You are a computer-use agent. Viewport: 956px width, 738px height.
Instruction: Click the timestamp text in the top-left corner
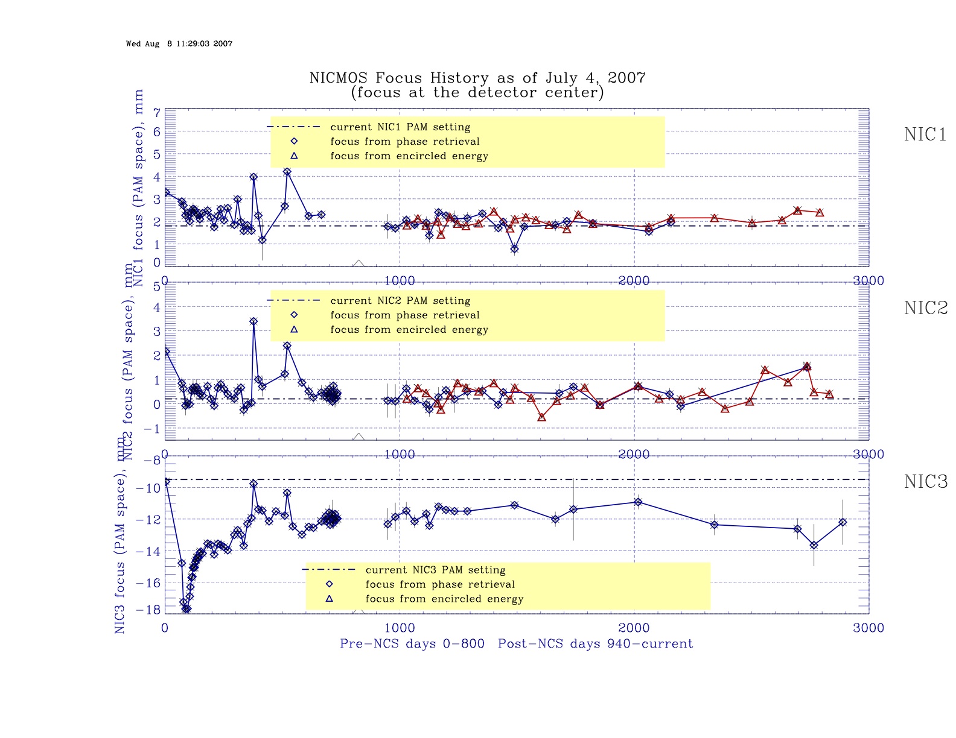[179, 44]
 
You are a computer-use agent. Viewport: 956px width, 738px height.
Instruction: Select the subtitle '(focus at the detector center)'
[477, 93]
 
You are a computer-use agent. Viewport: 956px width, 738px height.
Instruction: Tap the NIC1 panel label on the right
[925, 134]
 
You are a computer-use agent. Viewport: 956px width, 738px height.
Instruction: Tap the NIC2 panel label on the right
[925, 308]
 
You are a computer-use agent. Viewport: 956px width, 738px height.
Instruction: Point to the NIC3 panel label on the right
[925, 482]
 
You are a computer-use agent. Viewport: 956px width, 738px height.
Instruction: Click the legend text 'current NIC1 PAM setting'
[400, 127]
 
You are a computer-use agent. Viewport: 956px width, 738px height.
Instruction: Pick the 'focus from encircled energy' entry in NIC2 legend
[409, 330]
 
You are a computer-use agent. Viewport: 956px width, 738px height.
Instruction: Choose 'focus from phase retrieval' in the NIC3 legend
[440, 584]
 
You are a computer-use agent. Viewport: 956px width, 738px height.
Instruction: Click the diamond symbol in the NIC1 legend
[294, 142]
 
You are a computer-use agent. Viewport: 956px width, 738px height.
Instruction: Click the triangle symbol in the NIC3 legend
[329, 599]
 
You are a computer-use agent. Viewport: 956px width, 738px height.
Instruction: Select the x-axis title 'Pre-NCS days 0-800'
[412, 643]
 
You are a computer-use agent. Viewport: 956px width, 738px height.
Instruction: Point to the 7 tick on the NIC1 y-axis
[157, 113]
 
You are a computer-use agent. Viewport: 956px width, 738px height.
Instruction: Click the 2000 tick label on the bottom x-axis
[634, 628]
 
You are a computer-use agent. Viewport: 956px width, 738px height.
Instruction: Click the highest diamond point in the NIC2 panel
[253, 321]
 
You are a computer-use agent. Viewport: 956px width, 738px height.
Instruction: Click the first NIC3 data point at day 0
[166, 481]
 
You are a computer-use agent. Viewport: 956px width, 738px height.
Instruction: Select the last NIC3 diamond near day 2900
[843, 522]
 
